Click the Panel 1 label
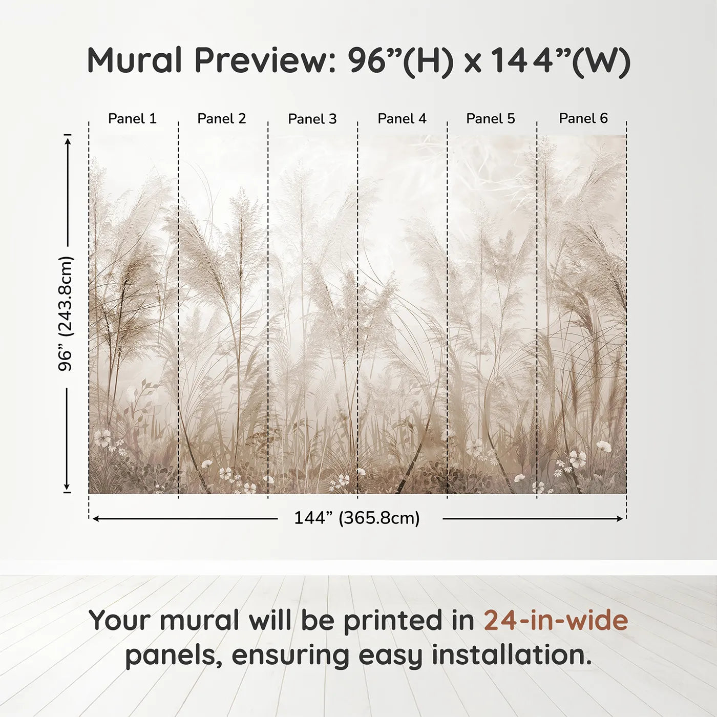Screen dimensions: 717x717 pyautogui.click(x=132, y=119)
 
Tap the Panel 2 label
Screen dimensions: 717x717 pyautogui.click(x=222, y=119)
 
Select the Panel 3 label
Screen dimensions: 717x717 pyautogui.click(x=312, y=119)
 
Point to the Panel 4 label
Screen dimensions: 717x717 pyautogui.click(x=402, y=119)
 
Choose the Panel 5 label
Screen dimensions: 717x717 pyautogui.click(x=491, y=119)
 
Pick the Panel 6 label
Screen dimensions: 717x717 pyautogui.click(x=583, y=119)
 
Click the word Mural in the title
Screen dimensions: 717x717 pyautogui.click(x=135, y=60)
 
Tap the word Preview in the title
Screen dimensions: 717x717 pyautogui.click(x=265, y=60)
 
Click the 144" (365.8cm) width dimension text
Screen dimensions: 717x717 pyautogui.click(x=357, y=518)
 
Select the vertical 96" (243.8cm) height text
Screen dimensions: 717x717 pyautogui.click(x=66, y=313)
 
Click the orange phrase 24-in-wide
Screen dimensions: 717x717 pyautogui.click(x=556, y=620)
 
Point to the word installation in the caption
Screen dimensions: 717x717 pyautogui.click(x=511, y=655)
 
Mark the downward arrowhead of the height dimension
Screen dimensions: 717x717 pyautogui.click(x=67, y=488)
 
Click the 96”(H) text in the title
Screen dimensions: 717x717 pyautogui.click(x=401, y=60)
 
